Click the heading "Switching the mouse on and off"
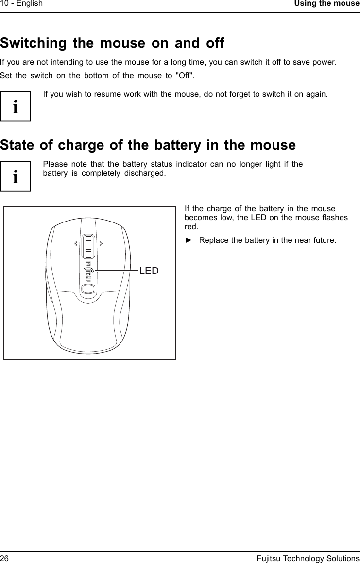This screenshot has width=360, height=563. (112, 43)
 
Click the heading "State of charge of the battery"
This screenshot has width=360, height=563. (148, 145)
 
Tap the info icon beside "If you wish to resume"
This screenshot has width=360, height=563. (16, 106)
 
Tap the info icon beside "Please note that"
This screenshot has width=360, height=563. (16, 176)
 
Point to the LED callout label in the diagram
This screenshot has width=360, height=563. (149, 271)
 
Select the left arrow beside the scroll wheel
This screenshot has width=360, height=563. (76, 243)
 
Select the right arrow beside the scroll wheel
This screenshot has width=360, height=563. (100, 243)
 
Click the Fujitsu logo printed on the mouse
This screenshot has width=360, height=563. (88, 272)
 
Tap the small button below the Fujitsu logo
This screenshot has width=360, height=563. (88, 289)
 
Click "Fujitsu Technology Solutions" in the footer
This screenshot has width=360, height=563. (308, 558)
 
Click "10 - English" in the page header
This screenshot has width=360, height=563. (21, 4)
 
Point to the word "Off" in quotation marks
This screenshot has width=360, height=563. (185, 76)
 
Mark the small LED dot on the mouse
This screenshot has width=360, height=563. (92, 270)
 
